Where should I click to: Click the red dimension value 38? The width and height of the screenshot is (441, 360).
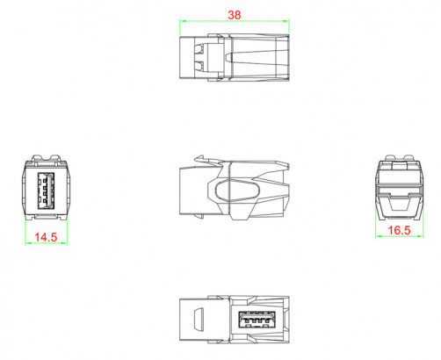pos(234,15)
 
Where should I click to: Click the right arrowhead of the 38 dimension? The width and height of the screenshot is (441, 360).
pos(288,22)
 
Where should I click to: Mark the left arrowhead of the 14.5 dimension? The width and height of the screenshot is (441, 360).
pos(29,244)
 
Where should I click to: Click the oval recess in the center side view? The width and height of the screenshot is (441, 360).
pos(233,190)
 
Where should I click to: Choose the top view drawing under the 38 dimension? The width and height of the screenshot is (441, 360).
pos(234,58)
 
